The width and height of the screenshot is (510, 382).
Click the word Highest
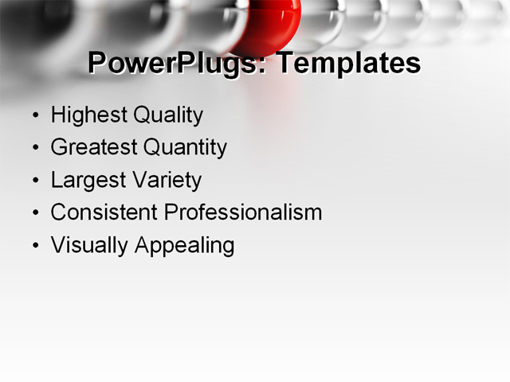click(x=88, y=115)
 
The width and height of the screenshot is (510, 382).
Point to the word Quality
click(x=167, y=115)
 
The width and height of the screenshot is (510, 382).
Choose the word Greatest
click(x=92, y=148)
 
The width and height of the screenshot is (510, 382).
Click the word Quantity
click(x=184, y=148)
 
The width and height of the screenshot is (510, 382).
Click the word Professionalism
click(x=243, y=212)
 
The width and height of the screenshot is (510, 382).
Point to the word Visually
click(x=89, y=245)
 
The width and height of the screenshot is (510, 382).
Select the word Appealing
click(x=184, y=245)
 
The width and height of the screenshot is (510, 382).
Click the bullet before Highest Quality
click(x=35, y=116)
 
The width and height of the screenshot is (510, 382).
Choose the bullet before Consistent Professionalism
click(x=35, y=213)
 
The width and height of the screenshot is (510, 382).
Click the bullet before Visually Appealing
click(x=35, y=246)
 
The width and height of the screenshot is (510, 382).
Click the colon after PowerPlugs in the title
click(x=264, y=66)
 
